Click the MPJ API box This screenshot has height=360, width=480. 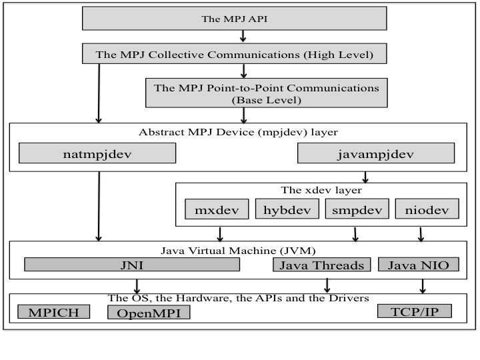234,19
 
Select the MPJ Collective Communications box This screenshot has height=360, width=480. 234,54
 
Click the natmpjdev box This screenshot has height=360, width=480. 97,154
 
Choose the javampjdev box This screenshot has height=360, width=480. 375,154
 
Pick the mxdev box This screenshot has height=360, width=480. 217,209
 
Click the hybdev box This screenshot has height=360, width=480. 287,209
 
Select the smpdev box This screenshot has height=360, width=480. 357,209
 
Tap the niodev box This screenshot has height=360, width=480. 427,209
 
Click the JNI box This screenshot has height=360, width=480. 132,265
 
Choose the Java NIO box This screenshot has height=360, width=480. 419,265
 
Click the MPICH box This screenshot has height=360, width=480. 54,311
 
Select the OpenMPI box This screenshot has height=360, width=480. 148,312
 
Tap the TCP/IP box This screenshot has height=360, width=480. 414,311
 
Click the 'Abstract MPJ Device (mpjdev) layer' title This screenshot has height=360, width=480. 233,131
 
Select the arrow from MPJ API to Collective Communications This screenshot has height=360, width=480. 243,36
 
